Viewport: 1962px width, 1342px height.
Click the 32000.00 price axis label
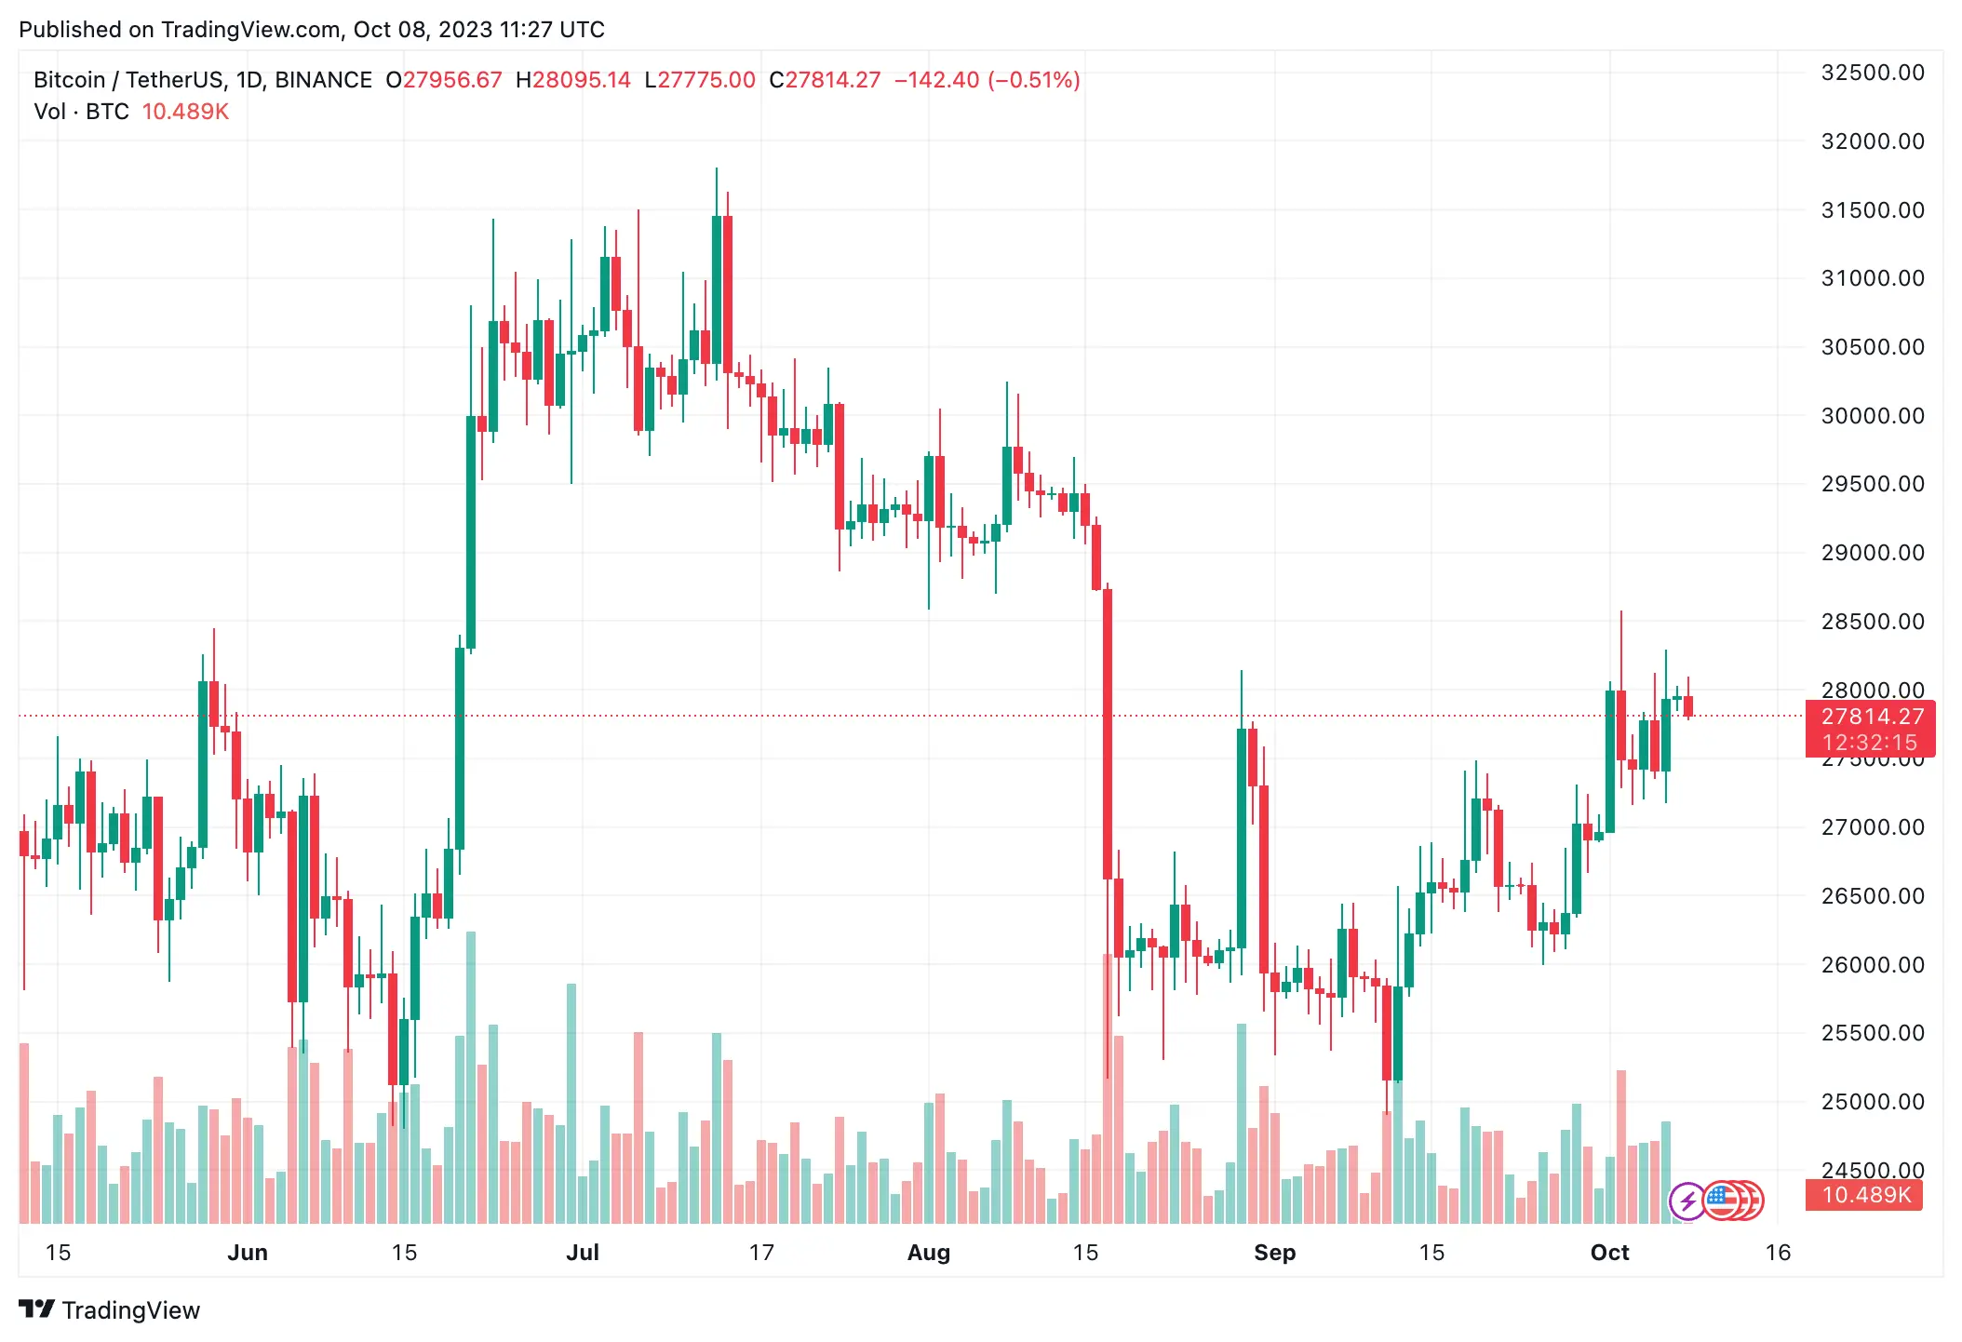click(1872, 141)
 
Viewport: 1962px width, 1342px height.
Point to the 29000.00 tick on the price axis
click(1872, 553)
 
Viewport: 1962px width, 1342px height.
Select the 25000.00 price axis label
click(1872, 1102)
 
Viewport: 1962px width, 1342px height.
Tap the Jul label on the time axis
click(583, 1253)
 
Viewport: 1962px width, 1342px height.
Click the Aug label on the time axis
click(928, 1253)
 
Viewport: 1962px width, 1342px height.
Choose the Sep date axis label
click(1274, 1253)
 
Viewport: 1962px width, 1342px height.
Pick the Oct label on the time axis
click(1609, 1253)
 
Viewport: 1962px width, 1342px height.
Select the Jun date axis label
click(248, 1253)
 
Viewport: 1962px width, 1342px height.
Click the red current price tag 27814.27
click(1872, 717)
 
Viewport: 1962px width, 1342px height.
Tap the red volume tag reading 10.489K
click(1865, 1195)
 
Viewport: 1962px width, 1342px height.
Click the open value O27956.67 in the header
click(444, 80)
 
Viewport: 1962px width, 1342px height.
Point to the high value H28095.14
click(572, 80)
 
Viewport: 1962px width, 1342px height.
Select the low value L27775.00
click(700, 80)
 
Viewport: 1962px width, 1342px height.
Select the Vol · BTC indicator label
click(81, 112)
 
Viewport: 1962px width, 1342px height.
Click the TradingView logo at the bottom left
click(110, 1310)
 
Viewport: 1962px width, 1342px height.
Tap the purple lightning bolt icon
click(1687, 1201)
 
